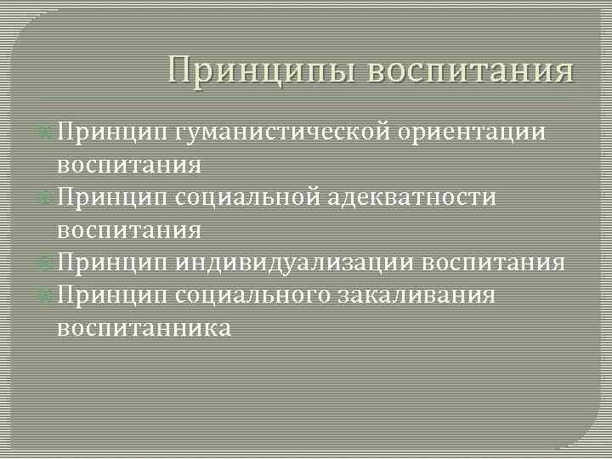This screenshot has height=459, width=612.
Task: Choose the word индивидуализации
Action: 295,263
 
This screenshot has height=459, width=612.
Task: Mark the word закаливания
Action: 419,295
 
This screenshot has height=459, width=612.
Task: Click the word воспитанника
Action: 144,328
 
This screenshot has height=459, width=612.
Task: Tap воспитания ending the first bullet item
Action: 129,165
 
